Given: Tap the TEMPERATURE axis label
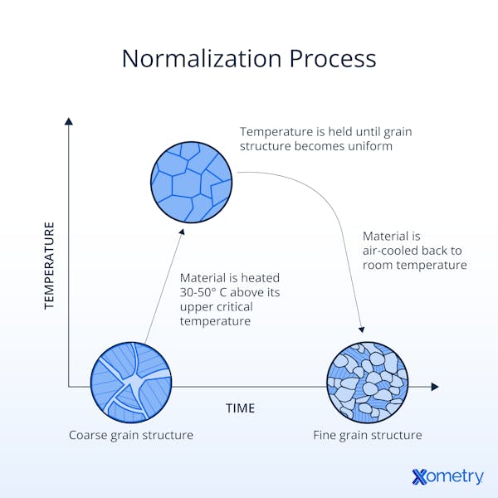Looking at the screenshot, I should coord(48,266).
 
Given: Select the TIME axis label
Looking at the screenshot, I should coord(240,408).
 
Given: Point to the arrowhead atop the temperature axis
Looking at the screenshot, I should coord(68,122).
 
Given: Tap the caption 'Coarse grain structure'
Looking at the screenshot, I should coord(130,435).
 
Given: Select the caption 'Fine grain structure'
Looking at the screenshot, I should coord(367,435).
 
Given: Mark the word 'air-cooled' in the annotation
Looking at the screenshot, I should coord(392,251).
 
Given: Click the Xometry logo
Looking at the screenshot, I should coord(447,476).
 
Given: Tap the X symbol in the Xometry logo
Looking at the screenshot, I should coord(420,476).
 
